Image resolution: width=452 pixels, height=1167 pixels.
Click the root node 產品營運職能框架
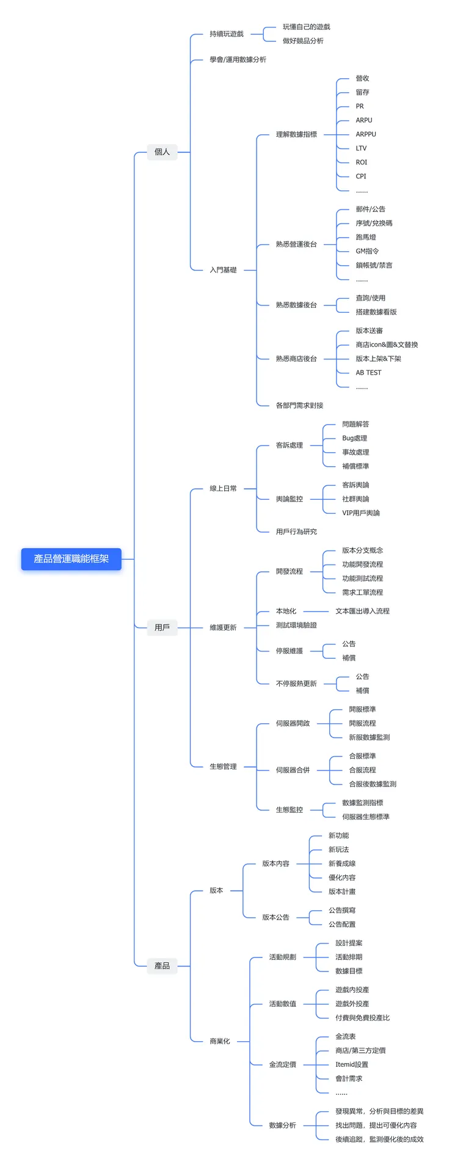coord(71,559)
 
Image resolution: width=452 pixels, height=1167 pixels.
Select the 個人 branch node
coord(162,152)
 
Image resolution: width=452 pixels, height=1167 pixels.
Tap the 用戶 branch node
coord(162,627)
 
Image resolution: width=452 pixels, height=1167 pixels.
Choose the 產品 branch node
coord(162,966)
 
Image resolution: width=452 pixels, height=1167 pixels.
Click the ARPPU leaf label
coord(366,134)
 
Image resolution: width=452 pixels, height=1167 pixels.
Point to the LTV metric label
coord(361,148)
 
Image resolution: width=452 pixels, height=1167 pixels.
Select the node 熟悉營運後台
coord(296,244)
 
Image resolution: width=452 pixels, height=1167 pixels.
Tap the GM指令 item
coord(367,251)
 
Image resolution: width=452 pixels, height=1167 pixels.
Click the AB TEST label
coord(368,373)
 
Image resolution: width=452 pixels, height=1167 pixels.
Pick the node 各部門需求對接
coord(299,406)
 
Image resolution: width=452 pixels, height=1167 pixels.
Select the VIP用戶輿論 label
coord(360,513)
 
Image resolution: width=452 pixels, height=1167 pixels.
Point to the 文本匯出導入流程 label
coord(362,611)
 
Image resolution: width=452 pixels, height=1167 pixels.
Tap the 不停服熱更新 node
coord(296,684)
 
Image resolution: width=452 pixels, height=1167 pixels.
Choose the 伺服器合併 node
coord(293,770)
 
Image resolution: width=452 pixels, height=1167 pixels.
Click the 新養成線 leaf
coord(342,864)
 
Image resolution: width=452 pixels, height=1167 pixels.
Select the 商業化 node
coord(220,1041)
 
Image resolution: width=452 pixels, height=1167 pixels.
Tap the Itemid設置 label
coord(351,1064)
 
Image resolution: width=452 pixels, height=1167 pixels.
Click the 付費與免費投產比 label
coord(362,1018)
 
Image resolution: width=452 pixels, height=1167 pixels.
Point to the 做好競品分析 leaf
coord(303,41)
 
